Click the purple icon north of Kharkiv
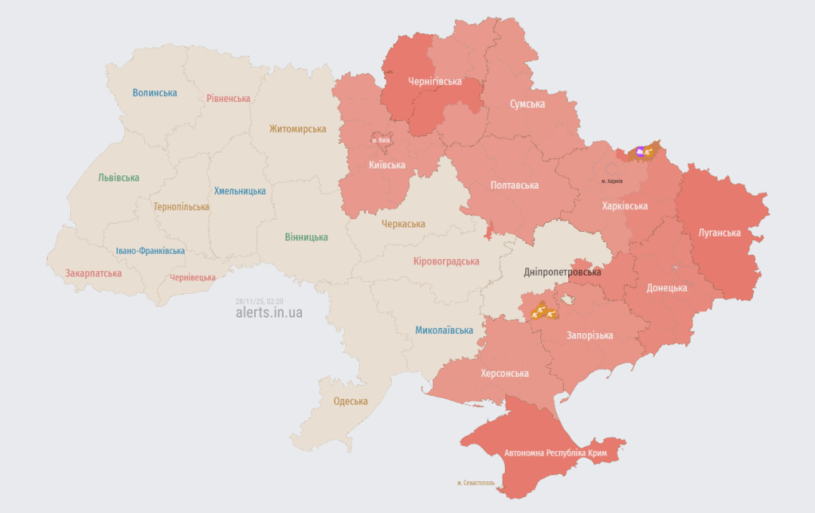coord(641,152)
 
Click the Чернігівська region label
coord(435,80)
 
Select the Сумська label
coord(527,104)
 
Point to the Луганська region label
coord(719,233)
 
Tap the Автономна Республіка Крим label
coord(555,453)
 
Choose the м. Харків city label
coord(612,181)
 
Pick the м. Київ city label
coord(381,141)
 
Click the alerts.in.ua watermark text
coord(269,312)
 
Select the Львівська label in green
coord(118,178)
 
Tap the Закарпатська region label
coord(93,273)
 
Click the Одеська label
coord(351,401)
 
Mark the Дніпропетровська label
coord(562,272)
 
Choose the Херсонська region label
coord(504,373)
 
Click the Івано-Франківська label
coord(150,251)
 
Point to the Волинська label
coord(155,93)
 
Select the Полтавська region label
coord(514,185)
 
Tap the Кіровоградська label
coord(446,261)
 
